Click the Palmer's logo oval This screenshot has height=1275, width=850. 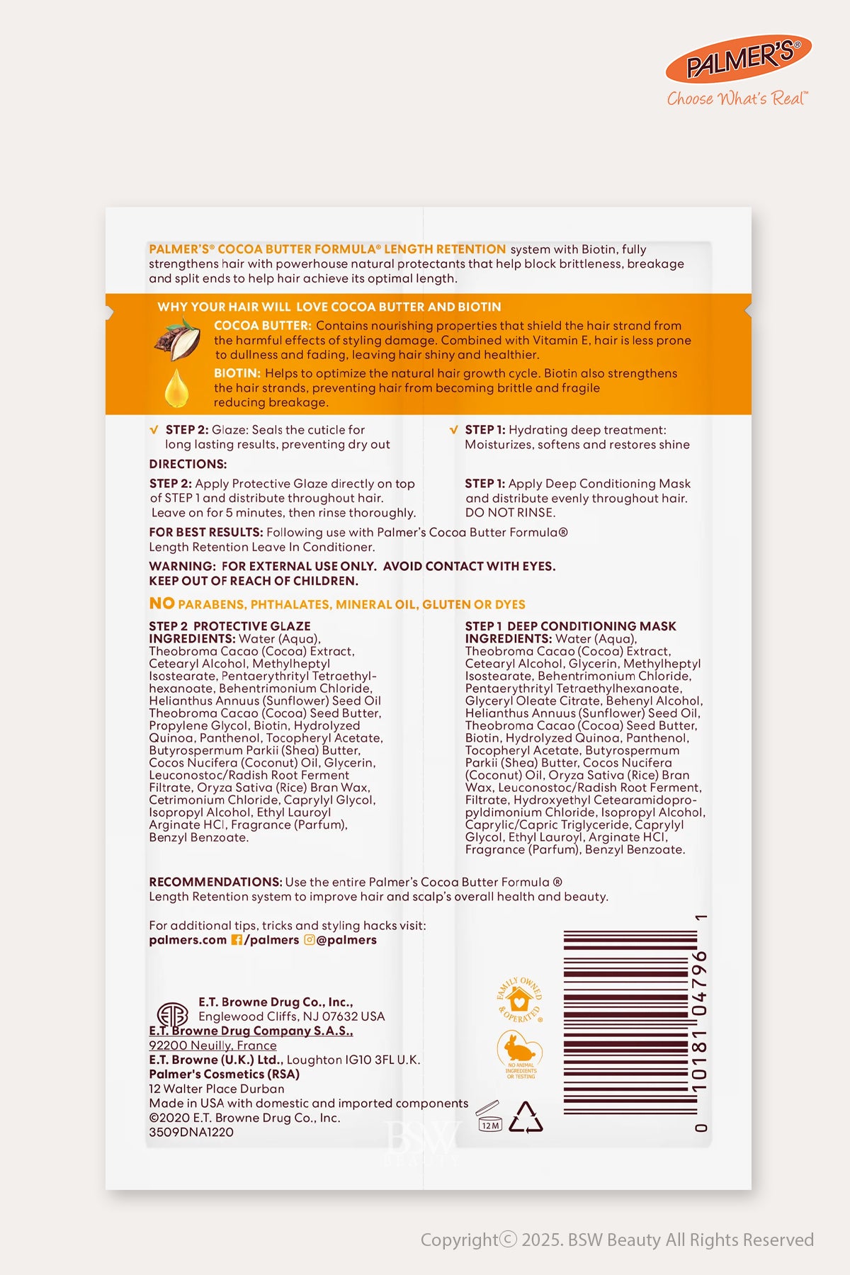738,59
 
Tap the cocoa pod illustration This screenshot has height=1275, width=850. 177,339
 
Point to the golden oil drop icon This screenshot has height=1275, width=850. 176,387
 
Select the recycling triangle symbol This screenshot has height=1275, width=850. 526,1117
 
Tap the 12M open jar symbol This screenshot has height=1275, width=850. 489,1117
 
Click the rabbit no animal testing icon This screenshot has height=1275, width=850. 520,1052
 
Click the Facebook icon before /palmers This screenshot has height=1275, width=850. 237,940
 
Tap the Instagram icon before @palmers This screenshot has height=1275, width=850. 310,940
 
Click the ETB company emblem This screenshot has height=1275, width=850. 171,1014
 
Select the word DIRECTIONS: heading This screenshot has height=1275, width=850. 188,464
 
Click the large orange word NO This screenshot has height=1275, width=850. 161,603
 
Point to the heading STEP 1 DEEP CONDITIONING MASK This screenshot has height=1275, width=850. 570,626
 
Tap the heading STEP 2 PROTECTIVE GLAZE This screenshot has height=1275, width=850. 229,626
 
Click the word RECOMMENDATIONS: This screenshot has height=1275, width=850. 215,882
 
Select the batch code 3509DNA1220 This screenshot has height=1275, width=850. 191,1132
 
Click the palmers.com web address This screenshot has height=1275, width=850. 188,940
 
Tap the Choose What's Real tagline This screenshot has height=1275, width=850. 737,98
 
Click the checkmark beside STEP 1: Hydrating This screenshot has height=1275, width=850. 453,430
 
